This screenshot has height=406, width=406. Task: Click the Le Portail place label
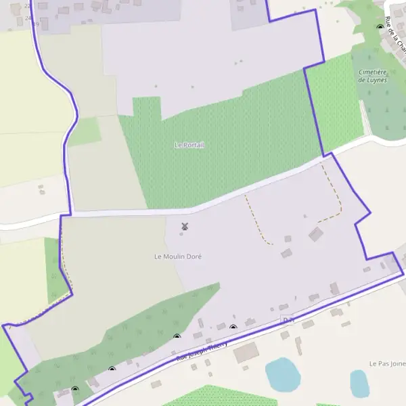189,145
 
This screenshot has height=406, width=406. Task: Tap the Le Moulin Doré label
178,256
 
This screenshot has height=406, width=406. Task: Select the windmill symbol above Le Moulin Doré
184,226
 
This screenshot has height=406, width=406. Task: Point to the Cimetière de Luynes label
371,76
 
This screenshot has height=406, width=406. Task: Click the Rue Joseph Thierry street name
202,350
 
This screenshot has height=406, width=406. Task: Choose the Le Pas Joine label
387,364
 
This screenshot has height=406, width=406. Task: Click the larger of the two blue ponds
282,375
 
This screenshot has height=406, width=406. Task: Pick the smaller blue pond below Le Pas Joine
359,384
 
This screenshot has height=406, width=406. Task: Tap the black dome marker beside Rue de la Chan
380,27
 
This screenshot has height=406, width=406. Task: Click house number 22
27,6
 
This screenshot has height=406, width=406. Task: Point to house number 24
28,18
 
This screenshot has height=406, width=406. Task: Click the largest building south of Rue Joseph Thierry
246,352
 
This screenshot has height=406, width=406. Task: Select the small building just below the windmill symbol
181,234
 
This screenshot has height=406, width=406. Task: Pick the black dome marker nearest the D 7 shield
233,328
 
